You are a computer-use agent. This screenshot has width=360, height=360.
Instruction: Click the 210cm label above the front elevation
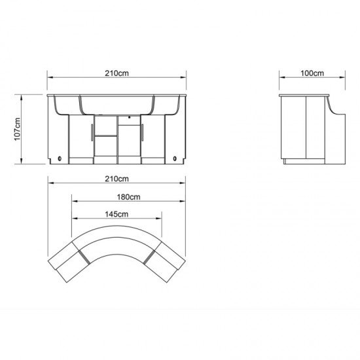(117, 73)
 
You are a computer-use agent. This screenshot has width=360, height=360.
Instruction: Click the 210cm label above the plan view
(117, 179)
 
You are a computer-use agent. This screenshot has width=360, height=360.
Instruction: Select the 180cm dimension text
(128, 197)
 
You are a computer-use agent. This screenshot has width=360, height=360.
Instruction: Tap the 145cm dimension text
(117, 214)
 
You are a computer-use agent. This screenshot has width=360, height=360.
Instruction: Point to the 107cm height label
(18, 129)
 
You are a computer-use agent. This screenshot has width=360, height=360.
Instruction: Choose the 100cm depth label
(312, 73)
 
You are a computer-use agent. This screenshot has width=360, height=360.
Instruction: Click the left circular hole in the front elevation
(60, 158)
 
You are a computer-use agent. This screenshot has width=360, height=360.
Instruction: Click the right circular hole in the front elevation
(175, 158)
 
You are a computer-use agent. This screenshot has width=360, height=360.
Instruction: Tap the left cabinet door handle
(92, 132)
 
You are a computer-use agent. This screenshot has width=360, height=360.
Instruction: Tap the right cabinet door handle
(142, 132)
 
